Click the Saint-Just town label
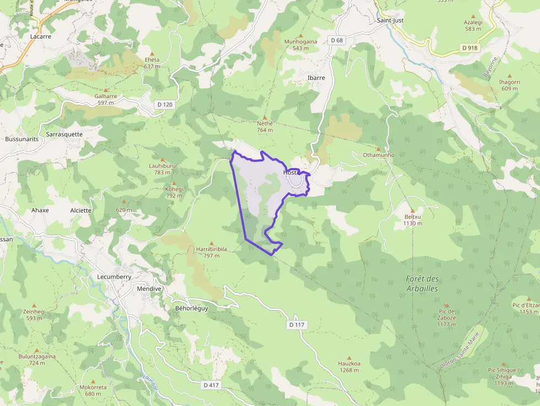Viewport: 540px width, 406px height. (x=390, y=20)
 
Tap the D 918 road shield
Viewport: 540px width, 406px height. (x=469, y=48)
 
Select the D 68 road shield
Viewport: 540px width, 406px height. (x=337, y=40)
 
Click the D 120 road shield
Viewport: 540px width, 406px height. (x=164, y=104)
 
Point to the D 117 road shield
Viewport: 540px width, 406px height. (x=296, y=325)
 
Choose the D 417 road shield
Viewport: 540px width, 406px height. (x=211, y=385)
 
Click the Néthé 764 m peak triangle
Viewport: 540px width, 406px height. (x=265, y=117)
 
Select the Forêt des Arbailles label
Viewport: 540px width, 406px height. (x=422, y=284)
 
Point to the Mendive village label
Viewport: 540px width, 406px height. (x=149, y=288)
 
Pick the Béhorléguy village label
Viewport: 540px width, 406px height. (x=191, y=308)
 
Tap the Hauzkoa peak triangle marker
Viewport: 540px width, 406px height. (x=349, y=357)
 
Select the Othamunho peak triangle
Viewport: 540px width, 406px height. (x=378, y=149)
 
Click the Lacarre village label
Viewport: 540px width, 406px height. (x=41, y=36)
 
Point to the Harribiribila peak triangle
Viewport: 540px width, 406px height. (x=211, y=242)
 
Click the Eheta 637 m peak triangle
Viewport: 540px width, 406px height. (x=152, y=53)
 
